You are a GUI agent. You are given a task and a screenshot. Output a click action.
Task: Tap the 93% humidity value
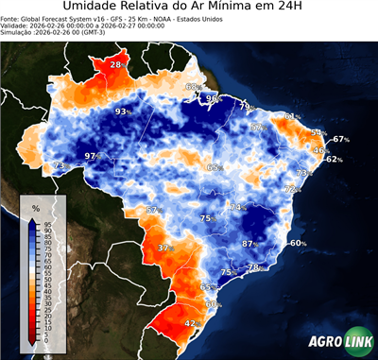click(x=122, y=111)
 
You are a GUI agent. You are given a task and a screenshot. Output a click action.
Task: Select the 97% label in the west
click(x=93, y=156)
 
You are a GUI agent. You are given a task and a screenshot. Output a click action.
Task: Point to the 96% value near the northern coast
click(x=215, y=98)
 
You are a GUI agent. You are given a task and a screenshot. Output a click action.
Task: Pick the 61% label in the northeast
click(x=292, y=117)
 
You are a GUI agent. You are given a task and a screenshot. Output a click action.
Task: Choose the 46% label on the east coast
click(x=320, y=150)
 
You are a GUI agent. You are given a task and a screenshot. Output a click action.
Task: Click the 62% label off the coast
click(x=334, y=160)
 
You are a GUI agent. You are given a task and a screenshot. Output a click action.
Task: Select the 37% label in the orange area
click(x=166, y=248)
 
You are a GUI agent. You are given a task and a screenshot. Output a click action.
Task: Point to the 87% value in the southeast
click(x=250, y=244)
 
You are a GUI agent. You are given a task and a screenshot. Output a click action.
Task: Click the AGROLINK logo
click(x=337, y=342)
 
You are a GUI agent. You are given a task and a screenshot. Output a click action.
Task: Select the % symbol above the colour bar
click(x=35, y=207)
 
